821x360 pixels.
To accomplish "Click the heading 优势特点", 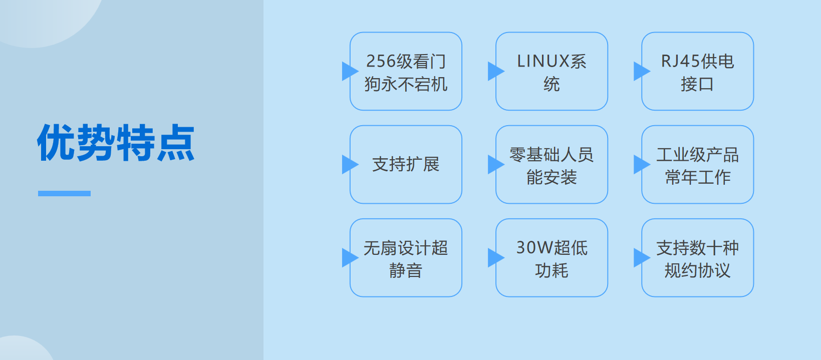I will pyautogui.click(x=116, y=143).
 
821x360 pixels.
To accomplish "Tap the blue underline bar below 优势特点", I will pyautogui.click(x=64, y=193).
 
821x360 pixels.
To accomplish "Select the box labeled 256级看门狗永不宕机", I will pyautogui.click(x=406, y=72).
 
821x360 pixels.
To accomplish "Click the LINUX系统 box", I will pyautogui.click(x=552, y=72).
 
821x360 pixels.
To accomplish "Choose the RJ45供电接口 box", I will pyautogui.click(x=697, y=72).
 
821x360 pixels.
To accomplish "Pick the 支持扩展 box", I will pyautogui.click(x=406, y=164).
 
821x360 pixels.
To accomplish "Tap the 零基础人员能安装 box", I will pyautogui.click(x=552, y=165).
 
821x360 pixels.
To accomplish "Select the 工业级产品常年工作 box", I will pyautogui.click(x=697, y=165).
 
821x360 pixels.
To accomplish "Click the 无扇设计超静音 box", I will pyautogui.click(x=406, y=258).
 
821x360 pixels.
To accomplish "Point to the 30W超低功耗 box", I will pyautogui.click(x=552, y=258).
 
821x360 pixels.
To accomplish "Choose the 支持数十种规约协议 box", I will pyautogui.click(x=697, y=258).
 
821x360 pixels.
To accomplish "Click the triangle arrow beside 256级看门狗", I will pyautogui.click(x=349, y=71).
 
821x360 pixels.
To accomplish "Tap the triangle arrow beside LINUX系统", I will pyautogui.click(x=494, y=71).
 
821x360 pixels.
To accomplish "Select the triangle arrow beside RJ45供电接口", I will pyautogui.click(x=640, y=71).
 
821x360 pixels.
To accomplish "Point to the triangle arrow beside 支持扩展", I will pyautogui.click(x=349, y=164).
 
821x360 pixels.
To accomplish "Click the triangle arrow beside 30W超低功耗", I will pyautogui.click(x=494, y=258).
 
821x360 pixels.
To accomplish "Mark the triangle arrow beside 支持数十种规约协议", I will pyautogui.click(x=640, y=258).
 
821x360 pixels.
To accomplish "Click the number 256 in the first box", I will pyautogui.click(x=381, y=61).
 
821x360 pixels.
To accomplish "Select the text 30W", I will pyautogui.click(x=534, y=247).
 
